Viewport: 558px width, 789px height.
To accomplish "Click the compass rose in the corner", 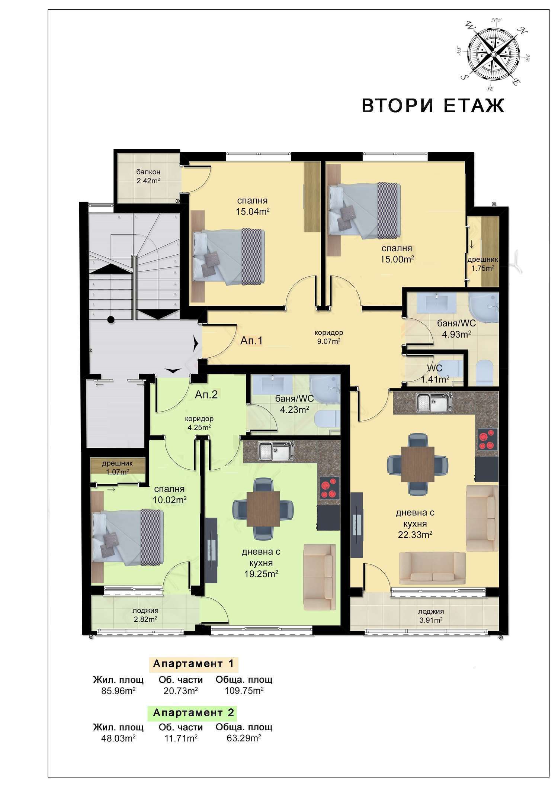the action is (x=493, y=54).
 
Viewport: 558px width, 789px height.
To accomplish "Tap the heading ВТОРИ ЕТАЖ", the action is (x=433, y=106).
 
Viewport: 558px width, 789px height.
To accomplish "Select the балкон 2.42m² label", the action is (x=148, y=177).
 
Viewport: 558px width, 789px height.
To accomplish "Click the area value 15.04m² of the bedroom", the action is (x=253, y=212).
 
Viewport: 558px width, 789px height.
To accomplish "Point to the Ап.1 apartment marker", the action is (x=251, y=341).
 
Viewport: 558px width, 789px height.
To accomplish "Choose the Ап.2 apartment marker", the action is (x=206, y=394).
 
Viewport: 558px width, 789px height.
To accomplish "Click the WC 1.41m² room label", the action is (x=435, y=374).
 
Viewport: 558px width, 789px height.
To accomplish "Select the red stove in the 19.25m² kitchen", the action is (x=330, y=487).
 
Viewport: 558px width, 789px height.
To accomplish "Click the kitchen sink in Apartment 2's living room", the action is (x=276, y=451).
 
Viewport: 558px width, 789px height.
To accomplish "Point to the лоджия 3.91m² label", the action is (x=431, y=616).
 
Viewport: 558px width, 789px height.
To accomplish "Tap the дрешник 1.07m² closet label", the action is (x=118, y=468).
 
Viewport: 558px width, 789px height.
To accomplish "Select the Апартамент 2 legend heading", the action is (x=193, y=713).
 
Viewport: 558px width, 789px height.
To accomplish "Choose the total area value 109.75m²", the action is (x=244, y=691).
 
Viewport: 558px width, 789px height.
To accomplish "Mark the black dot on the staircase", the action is (x=110, y=319).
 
